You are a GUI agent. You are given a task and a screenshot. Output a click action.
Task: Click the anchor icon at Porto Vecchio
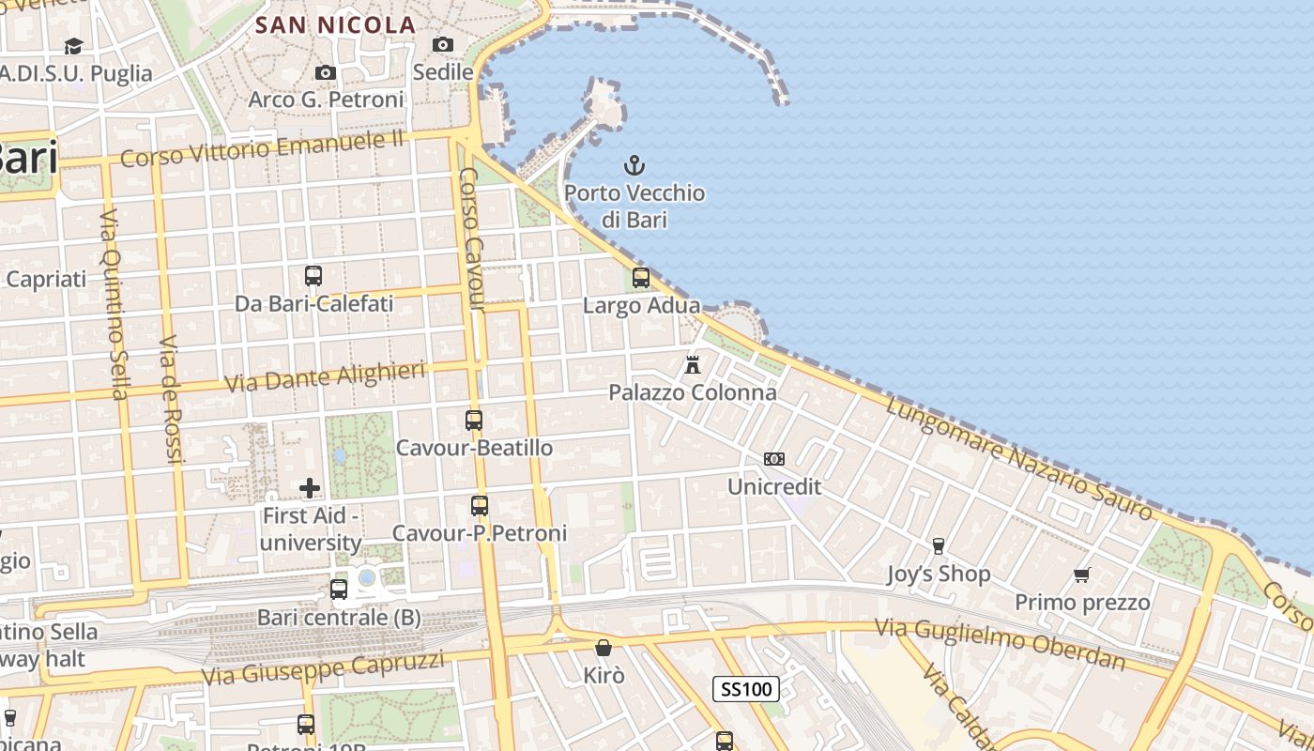(634, 166)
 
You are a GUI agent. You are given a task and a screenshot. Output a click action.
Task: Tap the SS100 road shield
(746, 689)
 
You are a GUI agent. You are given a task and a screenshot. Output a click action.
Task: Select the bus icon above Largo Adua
(641, 277)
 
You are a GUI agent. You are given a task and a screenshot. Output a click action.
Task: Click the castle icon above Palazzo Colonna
(693, 363)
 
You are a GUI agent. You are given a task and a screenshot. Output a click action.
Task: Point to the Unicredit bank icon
(774, 459)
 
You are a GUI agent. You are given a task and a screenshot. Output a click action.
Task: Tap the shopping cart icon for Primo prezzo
(1082, 575)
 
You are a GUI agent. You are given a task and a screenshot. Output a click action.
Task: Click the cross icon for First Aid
(310, 487)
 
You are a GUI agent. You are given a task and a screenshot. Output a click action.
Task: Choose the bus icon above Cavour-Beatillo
(474, 420)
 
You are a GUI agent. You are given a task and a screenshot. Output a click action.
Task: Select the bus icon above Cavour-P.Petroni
(480, 505)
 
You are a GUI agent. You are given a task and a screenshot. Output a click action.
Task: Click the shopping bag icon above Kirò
(604, 648)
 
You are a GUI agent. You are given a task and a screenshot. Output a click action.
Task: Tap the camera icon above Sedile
(443, 44)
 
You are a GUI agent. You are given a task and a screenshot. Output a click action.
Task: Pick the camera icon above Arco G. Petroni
(326, 72)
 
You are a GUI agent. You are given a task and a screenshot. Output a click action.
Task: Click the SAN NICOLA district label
(336, 25)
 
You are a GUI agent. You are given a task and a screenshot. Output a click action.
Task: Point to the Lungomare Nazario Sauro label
(1019, 457)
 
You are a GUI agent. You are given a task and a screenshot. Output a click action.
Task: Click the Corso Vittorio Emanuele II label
(262, 149)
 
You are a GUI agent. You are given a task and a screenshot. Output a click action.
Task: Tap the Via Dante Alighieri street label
(325, 376)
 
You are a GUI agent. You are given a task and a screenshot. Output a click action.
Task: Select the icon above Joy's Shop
(938, 545)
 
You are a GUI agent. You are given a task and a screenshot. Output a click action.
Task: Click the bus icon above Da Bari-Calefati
(313, 275)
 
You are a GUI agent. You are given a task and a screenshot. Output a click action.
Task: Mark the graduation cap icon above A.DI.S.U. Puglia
(73, 46)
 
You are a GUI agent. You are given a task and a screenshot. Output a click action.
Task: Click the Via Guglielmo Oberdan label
(1000, 643)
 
